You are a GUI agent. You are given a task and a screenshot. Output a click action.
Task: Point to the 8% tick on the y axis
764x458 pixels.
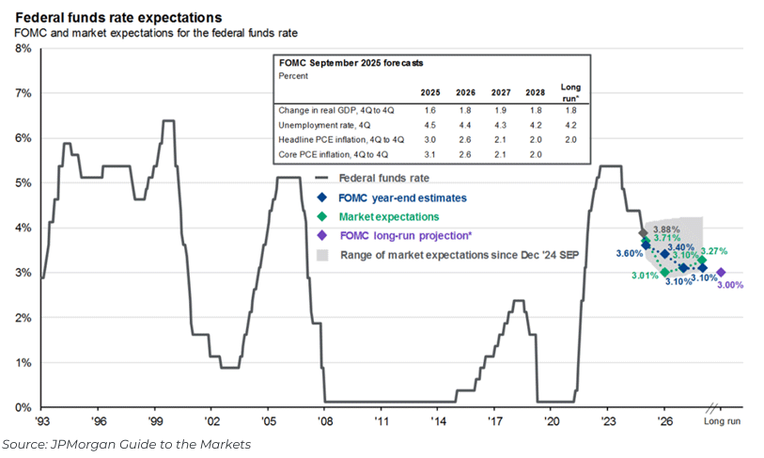(21, 48)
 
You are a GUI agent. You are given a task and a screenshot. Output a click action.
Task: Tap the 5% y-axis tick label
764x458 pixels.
(21, 182)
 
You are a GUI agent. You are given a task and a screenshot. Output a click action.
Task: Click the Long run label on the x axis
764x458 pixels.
(722, 421)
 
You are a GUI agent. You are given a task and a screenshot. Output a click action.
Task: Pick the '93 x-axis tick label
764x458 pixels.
(43, 421)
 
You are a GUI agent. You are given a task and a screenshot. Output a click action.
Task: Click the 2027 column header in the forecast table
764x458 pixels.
(499, 92)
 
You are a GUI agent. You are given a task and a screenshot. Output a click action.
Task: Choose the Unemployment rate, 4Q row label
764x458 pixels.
(320, 125)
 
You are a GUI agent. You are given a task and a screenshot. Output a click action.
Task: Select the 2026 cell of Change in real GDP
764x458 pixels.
(464, 110)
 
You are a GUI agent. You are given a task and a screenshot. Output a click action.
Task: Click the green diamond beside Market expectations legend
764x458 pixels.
(322, 217)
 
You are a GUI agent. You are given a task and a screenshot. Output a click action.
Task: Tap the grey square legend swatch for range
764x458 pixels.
(322, 255)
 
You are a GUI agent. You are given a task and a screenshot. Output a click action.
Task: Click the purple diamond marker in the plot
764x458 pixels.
(721, 273)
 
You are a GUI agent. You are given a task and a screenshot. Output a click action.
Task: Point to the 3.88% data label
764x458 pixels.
(665, 229)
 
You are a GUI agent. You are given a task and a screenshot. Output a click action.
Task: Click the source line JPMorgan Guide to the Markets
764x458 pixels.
(128, 444)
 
